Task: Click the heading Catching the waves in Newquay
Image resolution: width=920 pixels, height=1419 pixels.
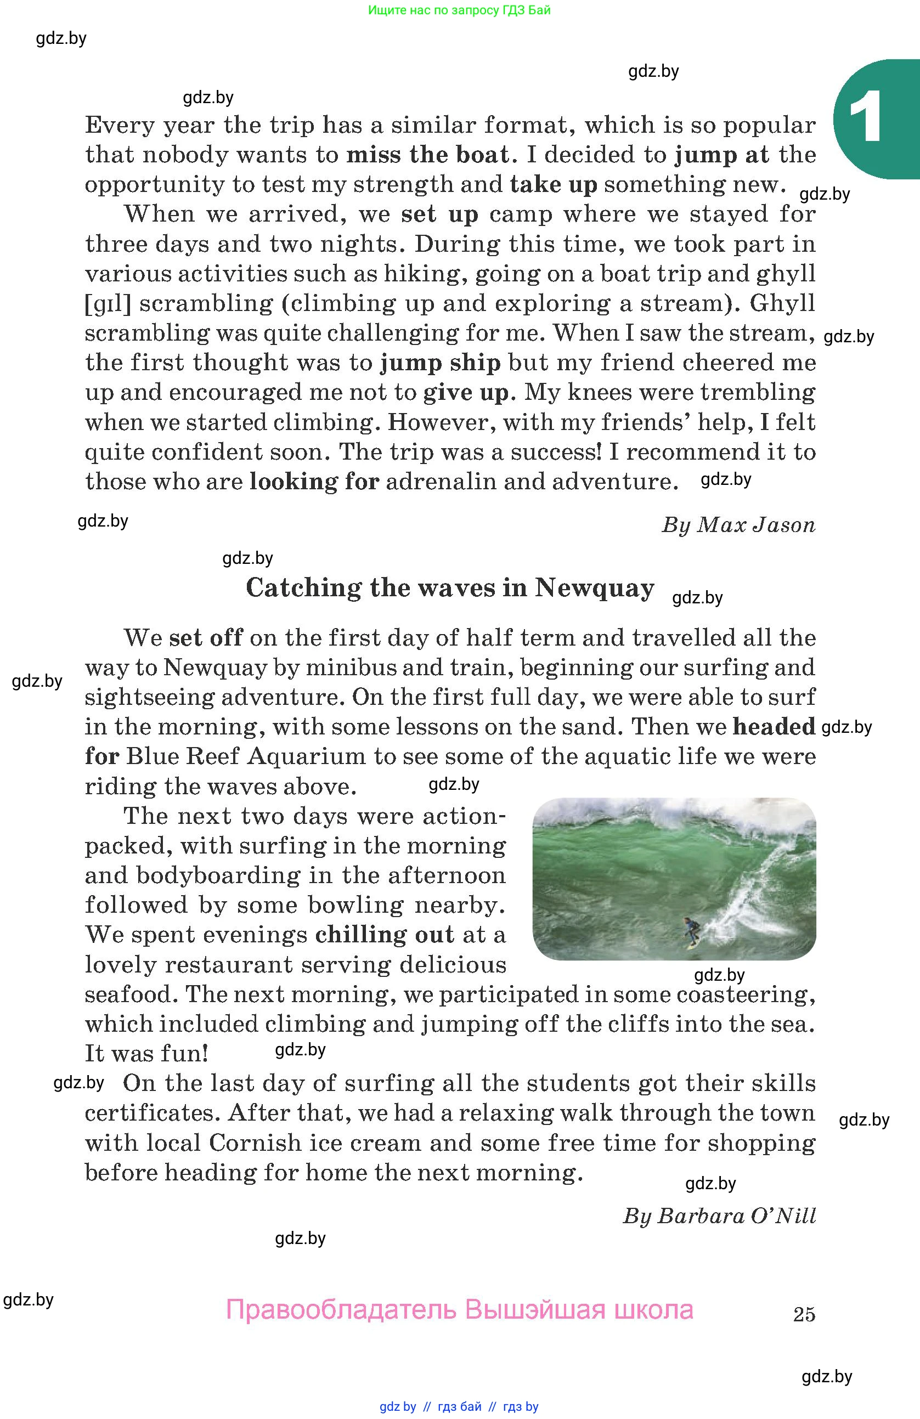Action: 450,588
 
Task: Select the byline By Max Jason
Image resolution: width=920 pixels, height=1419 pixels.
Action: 738,525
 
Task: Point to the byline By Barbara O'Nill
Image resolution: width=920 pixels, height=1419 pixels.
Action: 719,1216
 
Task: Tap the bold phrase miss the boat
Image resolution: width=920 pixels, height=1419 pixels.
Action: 427,155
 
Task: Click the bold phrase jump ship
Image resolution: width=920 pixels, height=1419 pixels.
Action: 441,363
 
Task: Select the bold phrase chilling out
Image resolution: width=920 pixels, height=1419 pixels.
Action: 385,935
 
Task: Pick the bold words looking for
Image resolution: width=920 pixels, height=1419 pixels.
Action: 314,482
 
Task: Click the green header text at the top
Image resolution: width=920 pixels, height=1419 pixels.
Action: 459,10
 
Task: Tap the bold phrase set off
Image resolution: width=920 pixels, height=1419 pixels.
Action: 206,638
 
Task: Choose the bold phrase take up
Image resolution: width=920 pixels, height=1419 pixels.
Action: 554,185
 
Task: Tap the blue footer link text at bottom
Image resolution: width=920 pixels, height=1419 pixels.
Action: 459,1406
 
